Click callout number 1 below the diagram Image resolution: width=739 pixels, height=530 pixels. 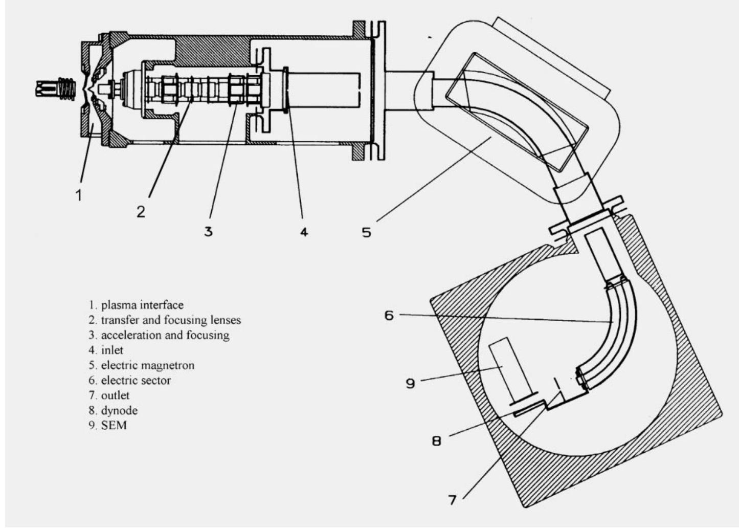[x=79, y=194]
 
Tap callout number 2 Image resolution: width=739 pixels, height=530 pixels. [x=141, y=211]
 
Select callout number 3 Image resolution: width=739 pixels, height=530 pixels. [x=208, y=231]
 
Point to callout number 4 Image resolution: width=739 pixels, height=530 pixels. [x=304, y=232]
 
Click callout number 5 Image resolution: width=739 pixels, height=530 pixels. [x=367, y=233]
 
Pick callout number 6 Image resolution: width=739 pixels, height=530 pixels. [x=389, y=316]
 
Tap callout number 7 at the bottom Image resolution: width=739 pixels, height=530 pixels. [x=452, y=500]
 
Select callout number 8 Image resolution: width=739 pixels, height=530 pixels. [x=436, y=441]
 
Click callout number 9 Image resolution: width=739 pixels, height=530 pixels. [x=410, y=384]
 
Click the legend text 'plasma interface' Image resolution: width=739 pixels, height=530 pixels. [x=142, y=305]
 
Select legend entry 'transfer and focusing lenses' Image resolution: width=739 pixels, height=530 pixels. [x=171, y=320]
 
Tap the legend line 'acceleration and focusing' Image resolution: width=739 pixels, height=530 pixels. [x=165, y=335]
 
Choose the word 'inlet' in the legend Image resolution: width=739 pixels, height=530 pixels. [x=112, y=350]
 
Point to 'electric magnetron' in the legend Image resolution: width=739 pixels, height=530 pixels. [x=147, y=365]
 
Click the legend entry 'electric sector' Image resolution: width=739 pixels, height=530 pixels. [x=136, y=381]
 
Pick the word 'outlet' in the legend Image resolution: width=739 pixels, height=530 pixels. [x=115, y=395]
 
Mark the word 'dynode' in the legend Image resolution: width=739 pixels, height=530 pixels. [x=119, y=411]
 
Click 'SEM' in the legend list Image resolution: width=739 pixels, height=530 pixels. [x=114, y=426]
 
